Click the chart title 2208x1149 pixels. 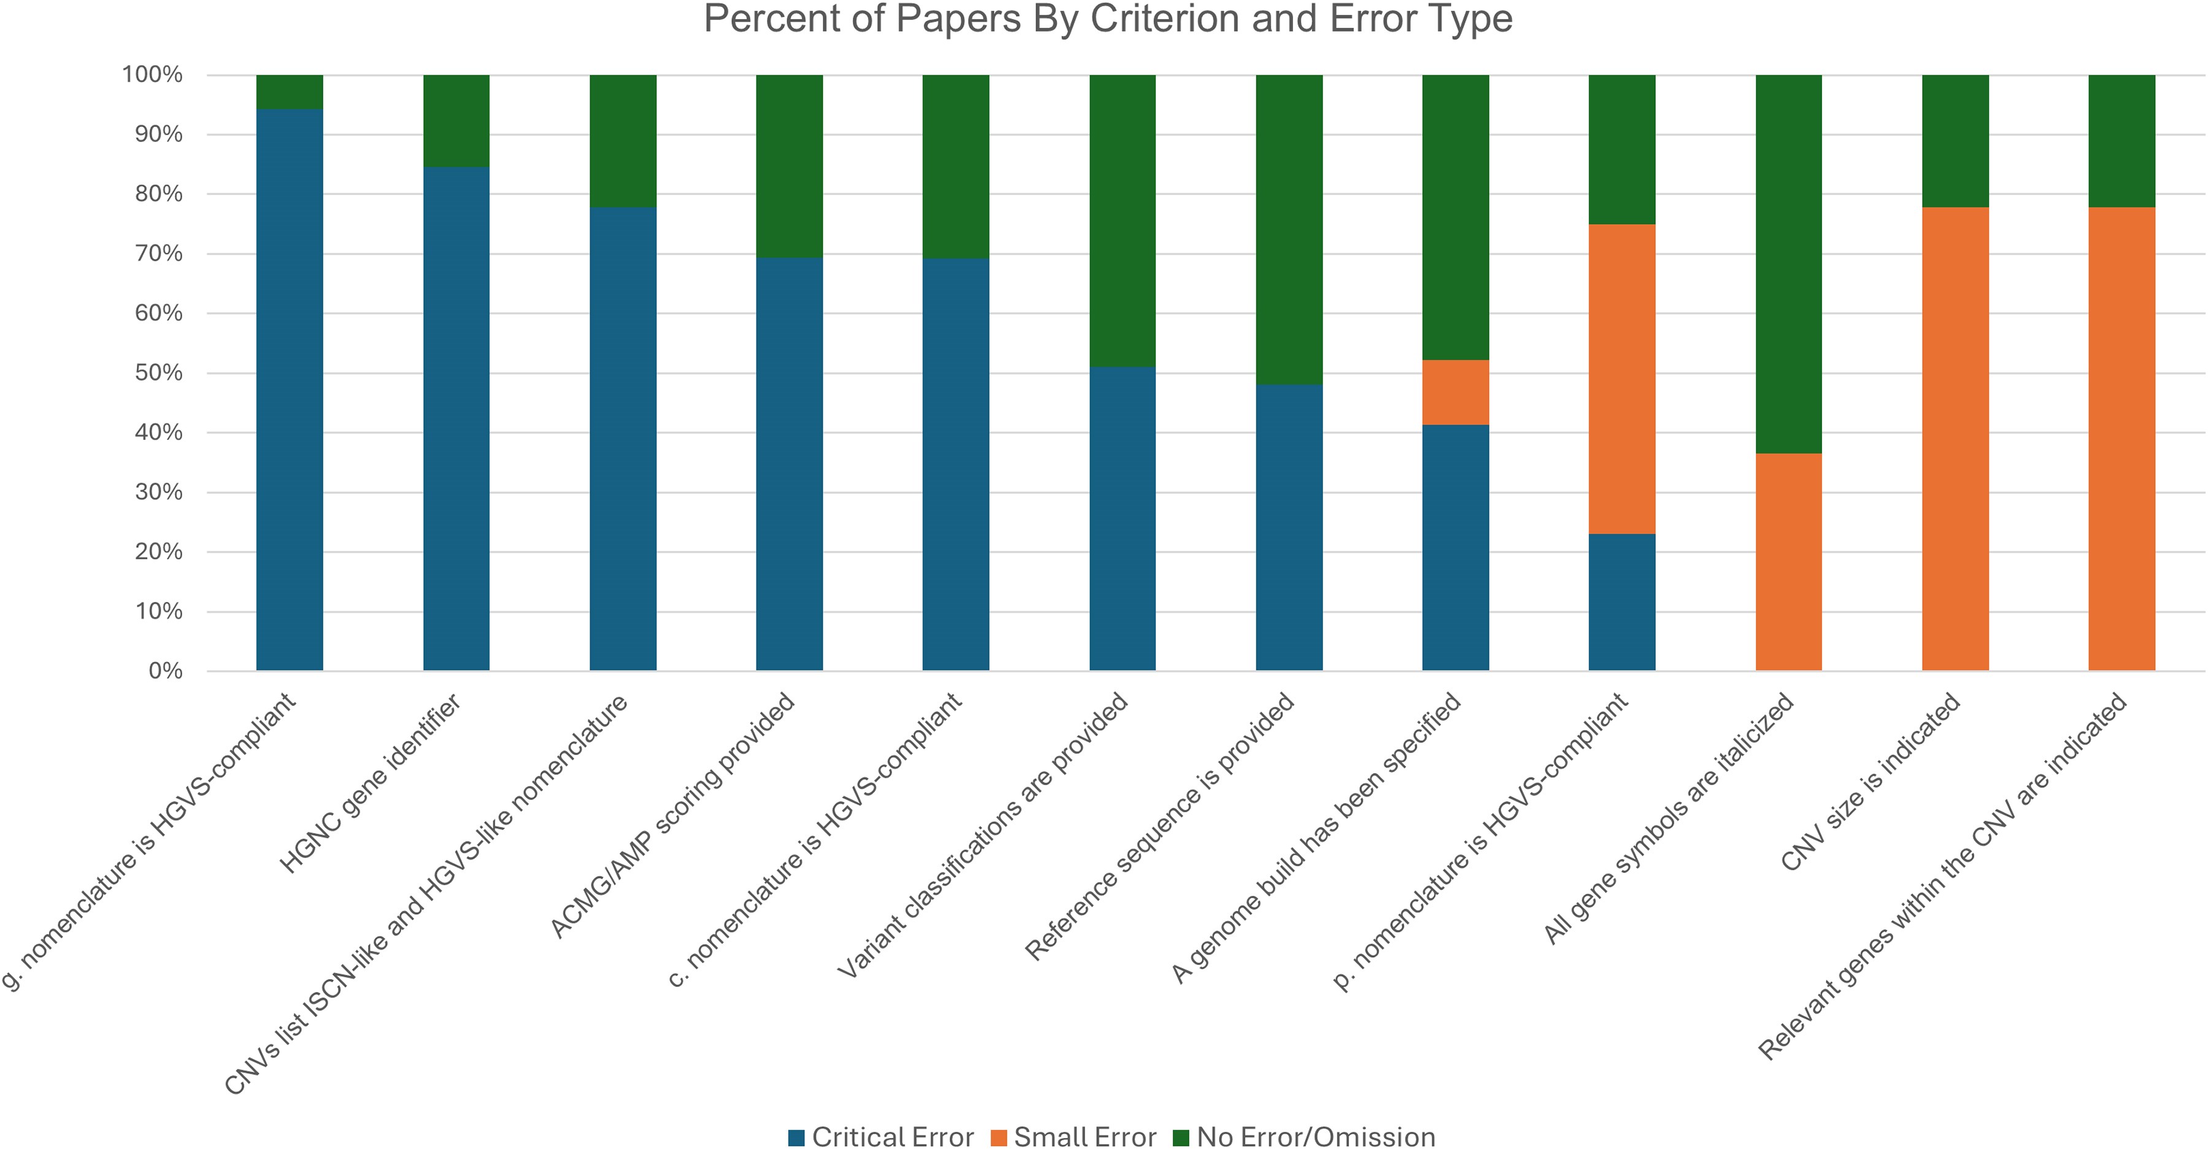pyautogui.click(x=1107, y=19)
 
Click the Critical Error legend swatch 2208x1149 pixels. pyautogui.click(x=796, y=1137)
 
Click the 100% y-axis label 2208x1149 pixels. pyautogui.click(x=153, y=75)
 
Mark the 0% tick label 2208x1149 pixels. pyautogui.click(x=164, y=671)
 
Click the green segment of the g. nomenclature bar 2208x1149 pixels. pyautogui.click(x=290, y=91)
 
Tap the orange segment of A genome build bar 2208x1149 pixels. pyautogui.click(x=1455, y=393)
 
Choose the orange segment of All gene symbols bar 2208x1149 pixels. pyautogui.click(x=1789, y=561)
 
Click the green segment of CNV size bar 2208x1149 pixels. pyautogui.click(x=1955, y=140)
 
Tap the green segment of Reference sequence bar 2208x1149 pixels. pyautogui.click(x=1289, y=229)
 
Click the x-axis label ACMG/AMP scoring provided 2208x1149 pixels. pyautogui.click(x=673, y=816)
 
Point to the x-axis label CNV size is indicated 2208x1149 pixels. pyautogui.click(x=1871, y=782)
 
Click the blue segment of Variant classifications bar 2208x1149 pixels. pyautogui.click(x=1122, y=518)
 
